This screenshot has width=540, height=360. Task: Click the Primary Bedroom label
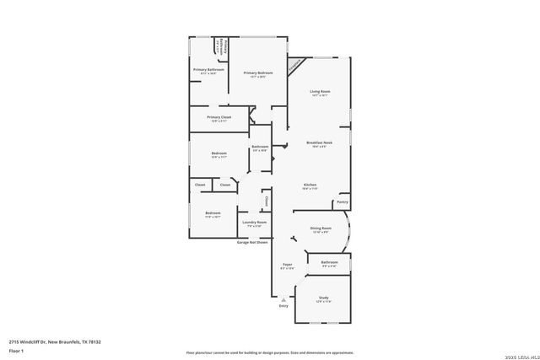tap(261, 73)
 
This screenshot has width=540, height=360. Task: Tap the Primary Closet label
tap(219, 117)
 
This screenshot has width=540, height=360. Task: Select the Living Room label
tap(319, 91)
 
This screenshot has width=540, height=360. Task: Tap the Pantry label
tap(342, 202)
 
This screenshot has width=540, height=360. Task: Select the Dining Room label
tap(321, 228)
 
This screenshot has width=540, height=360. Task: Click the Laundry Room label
tap(254, 223)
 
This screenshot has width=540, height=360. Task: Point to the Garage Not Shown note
tap(252, 242)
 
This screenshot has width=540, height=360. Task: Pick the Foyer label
tap(287, 265)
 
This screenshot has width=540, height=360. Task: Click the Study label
tap(323, 297)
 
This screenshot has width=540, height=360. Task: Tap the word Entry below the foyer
tap(283, 305)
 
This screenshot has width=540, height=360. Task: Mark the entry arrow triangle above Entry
tap(283, 299)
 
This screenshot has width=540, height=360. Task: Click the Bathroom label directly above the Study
tap(329, 262)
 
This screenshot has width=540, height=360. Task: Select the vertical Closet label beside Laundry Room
tap(267, 201)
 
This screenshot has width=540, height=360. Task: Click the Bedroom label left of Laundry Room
tap(212, 212)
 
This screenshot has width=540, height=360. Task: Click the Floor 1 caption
tap(16, 350)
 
